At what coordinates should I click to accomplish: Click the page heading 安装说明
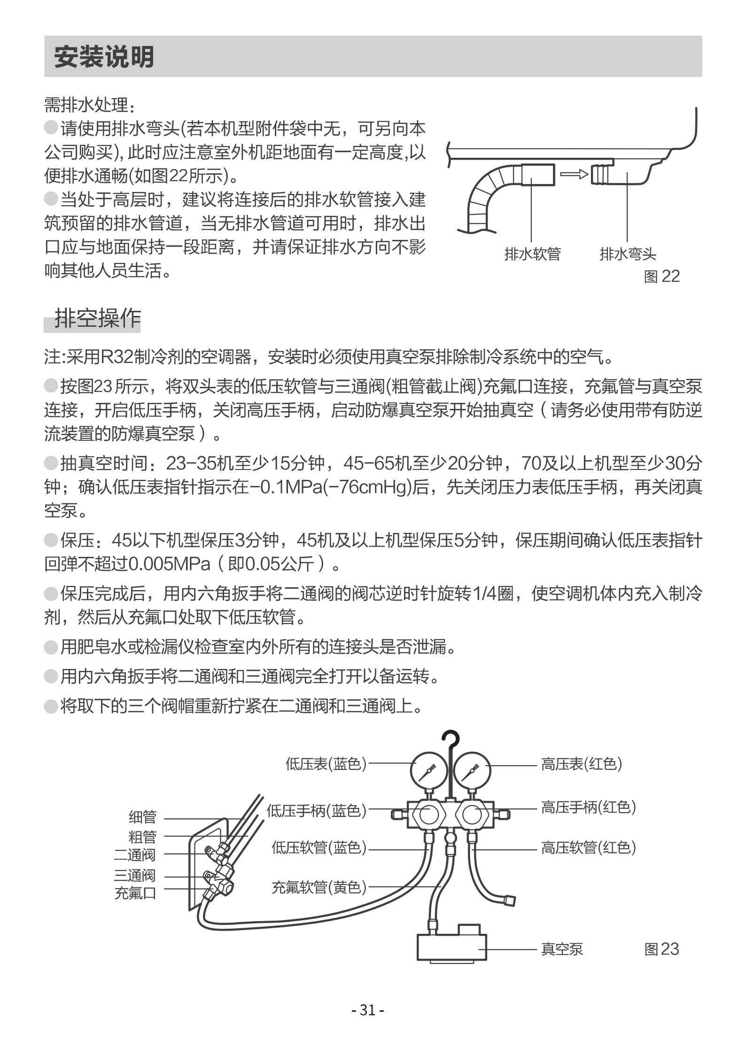[104, 57]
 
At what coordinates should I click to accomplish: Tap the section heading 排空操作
[97, 319]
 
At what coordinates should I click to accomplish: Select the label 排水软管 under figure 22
[532, 254]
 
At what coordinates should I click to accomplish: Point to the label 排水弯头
[628, 254]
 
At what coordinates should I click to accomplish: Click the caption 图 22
[661, 276]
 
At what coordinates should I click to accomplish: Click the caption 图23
[661, 949]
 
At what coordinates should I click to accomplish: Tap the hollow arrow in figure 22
[574, 174]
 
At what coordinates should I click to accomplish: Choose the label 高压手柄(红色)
[588, 807]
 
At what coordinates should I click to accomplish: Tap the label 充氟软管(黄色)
[319, 887]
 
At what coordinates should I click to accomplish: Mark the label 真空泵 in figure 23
[562, 949]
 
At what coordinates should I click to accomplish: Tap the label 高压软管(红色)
[588, 847]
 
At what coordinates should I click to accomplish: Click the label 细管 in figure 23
[142, 817]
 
